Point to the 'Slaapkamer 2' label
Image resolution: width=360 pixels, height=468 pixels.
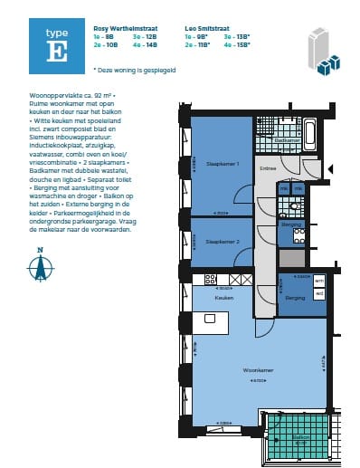[x=223, y=242]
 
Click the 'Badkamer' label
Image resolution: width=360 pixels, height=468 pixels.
[x=288, y=140]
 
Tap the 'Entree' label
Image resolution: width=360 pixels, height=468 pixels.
[x=269, y=168]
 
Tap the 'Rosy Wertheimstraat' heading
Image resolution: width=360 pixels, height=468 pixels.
[x=118, y=30]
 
